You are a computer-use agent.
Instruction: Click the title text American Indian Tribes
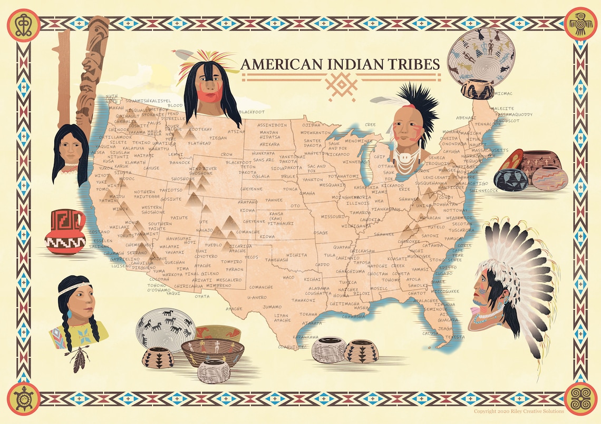(x=340, y=64)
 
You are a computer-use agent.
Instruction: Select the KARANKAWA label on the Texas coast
(x=306, y=336)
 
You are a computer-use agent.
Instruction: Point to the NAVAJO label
(x=205, y=230)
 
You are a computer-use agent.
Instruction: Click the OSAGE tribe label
(x=321, y=232)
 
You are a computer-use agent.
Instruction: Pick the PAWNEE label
(x=274, y=200)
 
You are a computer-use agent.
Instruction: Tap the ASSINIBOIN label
(x=272, y=125)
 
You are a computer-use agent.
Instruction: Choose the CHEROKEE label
(x=409, y=241)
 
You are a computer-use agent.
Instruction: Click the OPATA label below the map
(x=202, y=296)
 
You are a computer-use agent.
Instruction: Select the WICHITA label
(x=297, y=255)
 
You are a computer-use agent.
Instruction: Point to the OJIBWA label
(x=311, y=125)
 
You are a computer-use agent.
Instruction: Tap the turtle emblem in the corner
(x=23, y=398)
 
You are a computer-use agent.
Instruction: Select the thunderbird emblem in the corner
(x=580, y=24)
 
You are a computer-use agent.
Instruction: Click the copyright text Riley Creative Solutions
(x=519, y=411)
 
